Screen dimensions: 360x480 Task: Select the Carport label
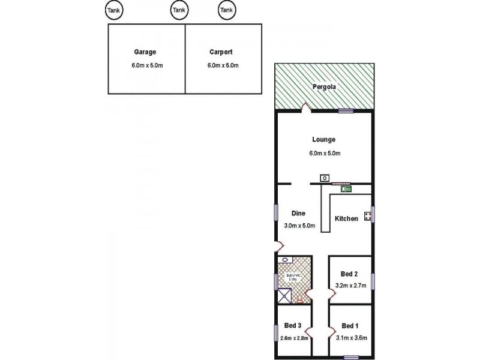[221, 52]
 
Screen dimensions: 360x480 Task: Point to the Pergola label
[324, 88]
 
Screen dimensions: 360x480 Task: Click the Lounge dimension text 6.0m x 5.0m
[325, 154]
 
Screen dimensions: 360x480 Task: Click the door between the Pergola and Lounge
[305, 109]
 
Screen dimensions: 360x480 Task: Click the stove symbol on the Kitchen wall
[367, 214]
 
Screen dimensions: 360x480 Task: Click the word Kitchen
[346, 218]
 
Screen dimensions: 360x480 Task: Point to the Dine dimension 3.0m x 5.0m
[299, 226]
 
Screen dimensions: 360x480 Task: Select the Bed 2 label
[350, 274]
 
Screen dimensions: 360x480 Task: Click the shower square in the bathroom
[284, 296]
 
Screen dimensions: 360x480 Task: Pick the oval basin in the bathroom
[285, 260]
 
